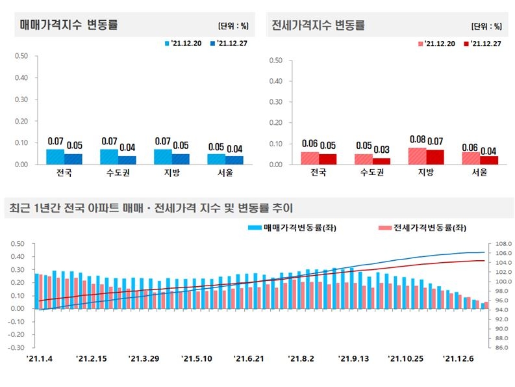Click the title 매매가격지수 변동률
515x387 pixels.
coord(68,25)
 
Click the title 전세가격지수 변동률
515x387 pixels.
coord(318,25)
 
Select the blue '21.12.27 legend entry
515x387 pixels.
coord(224,44)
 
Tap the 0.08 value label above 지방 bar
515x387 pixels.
coord(417,139)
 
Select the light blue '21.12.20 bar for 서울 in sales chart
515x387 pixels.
coord(216,159)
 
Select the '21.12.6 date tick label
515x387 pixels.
coord(458,358)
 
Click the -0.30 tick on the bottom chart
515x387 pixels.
coord(16,347)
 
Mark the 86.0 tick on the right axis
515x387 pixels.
coord(504,347)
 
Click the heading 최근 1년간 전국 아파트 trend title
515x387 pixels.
coord(151,208)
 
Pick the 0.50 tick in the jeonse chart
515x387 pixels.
coord(276,61)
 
